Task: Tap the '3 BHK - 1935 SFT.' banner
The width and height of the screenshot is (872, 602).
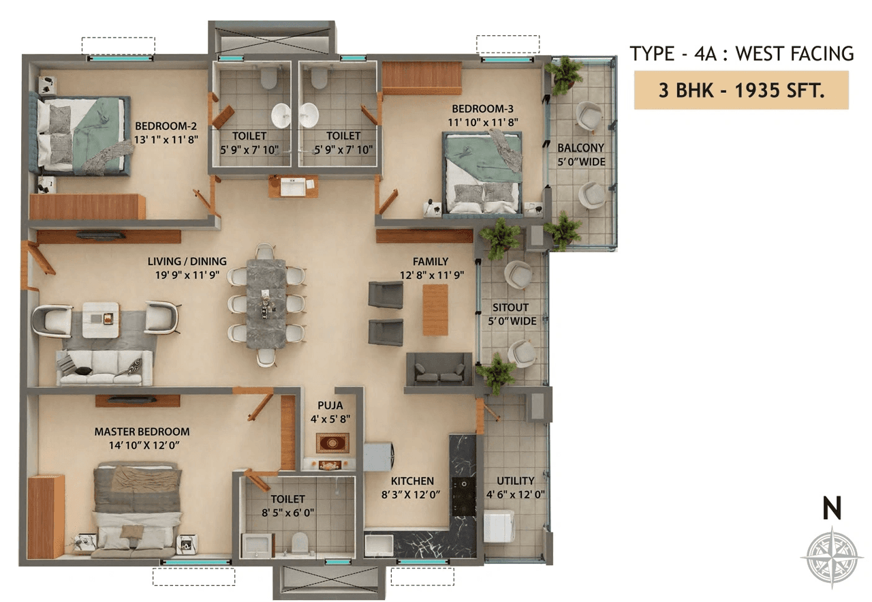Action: (x=741, y=90)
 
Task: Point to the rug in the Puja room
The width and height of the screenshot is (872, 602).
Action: (x=332, y=442)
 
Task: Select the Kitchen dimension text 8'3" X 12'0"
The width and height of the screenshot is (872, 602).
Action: (x=412, y=495)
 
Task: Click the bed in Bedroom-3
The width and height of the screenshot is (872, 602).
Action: (x=482, y=173)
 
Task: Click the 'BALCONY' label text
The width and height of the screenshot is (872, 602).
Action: (x=580, y=147)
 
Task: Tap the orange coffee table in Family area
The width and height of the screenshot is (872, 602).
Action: (x=435, y=310)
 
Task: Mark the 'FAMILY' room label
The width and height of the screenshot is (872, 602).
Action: (x=430, y=262)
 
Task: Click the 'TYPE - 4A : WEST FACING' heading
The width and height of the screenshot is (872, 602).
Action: (x=741, y=53)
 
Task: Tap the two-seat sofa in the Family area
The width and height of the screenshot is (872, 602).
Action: (x=439, y=369)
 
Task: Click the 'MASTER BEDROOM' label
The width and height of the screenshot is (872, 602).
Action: (x=142, y=432)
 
